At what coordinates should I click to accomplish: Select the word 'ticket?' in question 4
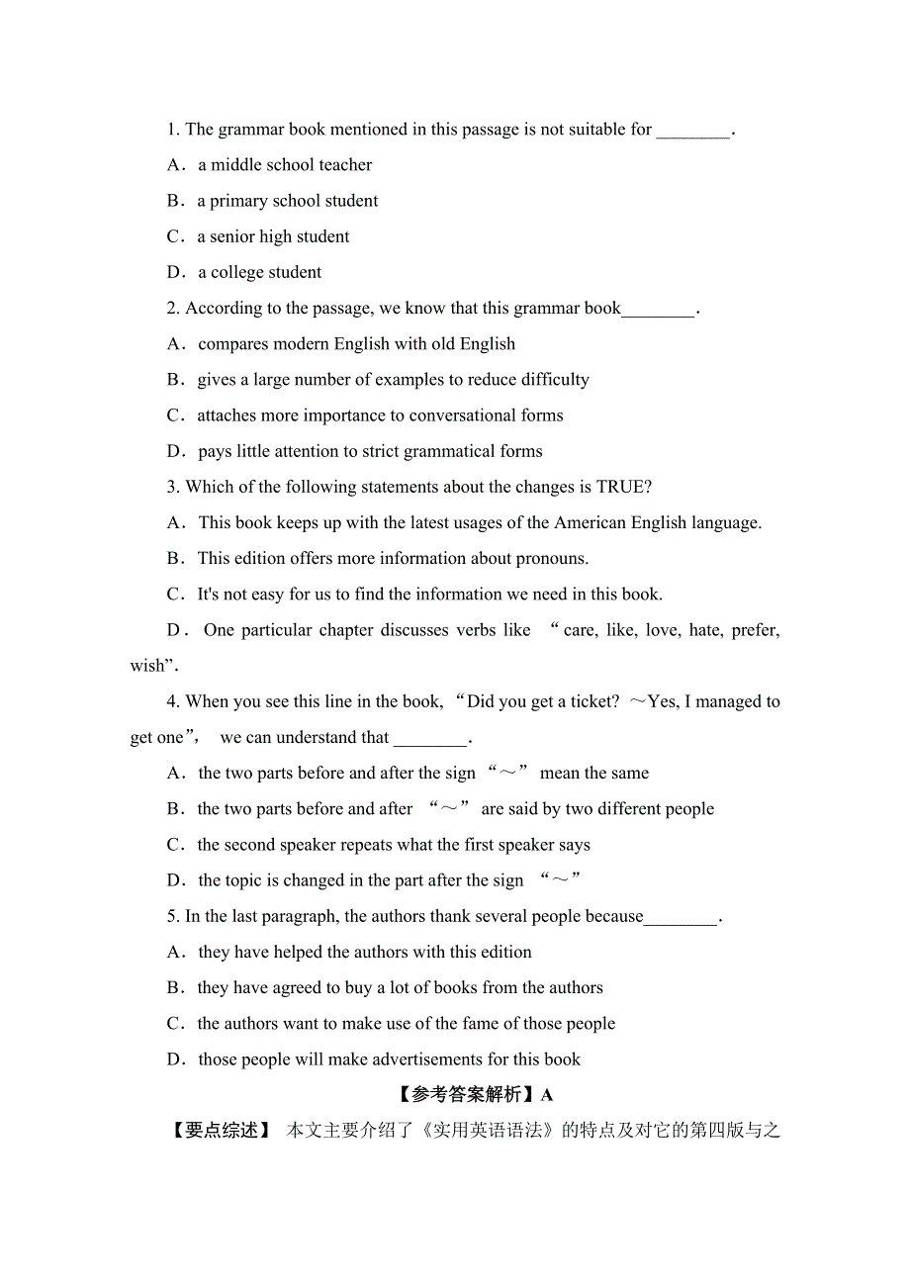591,701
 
